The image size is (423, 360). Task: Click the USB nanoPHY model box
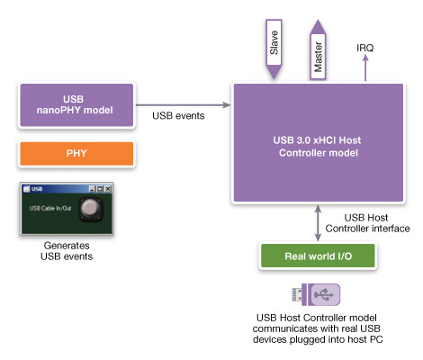pyautogui.click(x=76, y=105)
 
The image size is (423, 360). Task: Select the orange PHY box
pyautogui.click(x=76, y=154)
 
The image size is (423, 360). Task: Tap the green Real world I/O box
pyautogui.click(x=318, y=256)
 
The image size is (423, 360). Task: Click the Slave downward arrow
pyautogui.click(x=274, y=49)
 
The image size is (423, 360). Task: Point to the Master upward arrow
pyautogui.click(x=318, y=49)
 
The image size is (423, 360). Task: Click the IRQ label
pyautogui.click(x=365, y=48)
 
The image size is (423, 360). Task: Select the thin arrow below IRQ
pyautogui.click(x=365, y=67)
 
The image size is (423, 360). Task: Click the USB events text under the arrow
pyautogui.click(x=178, y=116)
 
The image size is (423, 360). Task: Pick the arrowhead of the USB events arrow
pyautogui.click(x=227, y=105)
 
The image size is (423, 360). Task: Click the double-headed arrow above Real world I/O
pyautogui.click(x=318, y=223)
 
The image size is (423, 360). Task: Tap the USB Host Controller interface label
pyautogui.click(x=367, y=223)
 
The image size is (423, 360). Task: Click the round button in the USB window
pyautogui.click(x=91, y=209)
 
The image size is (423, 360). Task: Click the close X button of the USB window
pyautogui.click(x=108, y=189)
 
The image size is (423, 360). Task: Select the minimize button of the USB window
pyautogui.click(x=92, y=189)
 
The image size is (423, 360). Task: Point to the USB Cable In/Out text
pyautogui.click(x=50, y=208)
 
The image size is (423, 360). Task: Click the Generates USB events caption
pyautogui.click(x=67, y=251)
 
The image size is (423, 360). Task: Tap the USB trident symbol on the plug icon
pyautogui.click(x=324, y=295)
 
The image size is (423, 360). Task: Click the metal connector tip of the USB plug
pyautogui.click(x=297, y=294)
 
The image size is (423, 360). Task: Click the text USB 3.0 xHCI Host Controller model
pyautogui.click(x=318, y=147)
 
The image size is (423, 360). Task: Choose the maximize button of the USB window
pyautogui.click(x=100, y=189)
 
